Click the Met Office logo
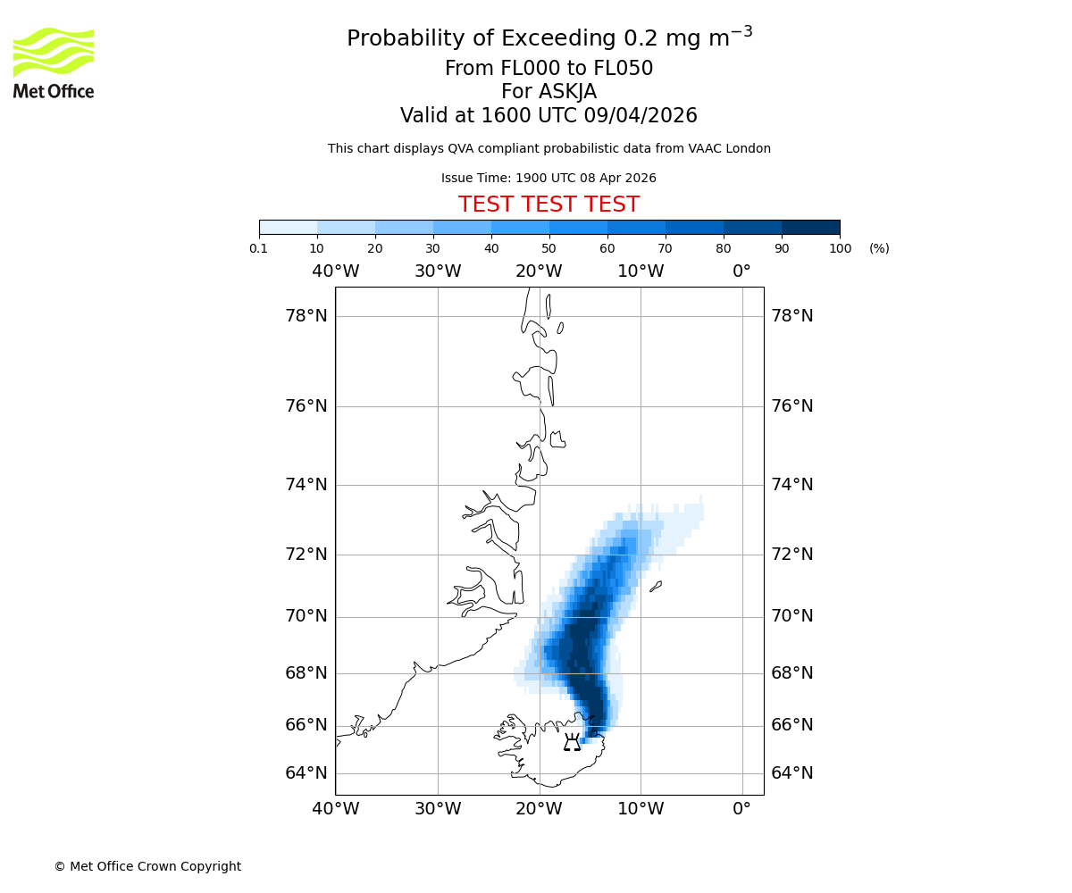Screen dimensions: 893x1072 pos(54,63)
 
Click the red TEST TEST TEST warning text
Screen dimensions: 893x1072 pos(549,204)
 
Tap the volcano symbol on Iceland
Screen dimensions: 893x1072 pos(572,742)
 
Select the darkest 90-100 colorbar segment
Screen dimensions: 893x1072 pos(810,227)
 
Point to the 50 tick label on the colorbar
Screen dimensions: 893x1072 pos(549,248)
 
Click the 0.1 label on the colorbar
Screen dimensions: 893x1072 pos(259,248)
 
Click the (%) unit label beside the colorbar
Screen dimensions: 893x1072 pos(879,248)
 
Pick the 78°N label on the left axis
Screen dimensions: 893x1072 pos(306,316)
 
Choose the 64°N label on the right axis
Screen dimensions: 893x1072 pos(792,773)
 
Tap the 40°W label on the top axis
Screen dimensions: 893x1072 pos(336,271)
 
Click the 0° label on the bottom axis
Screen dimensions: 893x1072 pos(741,809)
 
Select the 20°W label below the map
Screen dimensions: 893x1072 pos(539,809)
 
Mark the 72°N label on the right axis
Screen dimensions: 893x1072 pos(792,555)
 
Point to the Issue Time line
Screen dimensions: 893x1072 pos(549,178)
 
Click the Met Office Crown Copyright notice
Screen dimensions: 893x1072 pos(147,866)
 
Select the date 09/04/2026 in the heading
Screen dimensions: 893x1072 pos(641,115)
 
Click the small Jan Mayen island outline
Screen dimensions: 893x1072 pos(656,587)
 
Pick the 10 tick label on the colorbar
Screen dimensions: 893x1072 pos(317,248)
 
